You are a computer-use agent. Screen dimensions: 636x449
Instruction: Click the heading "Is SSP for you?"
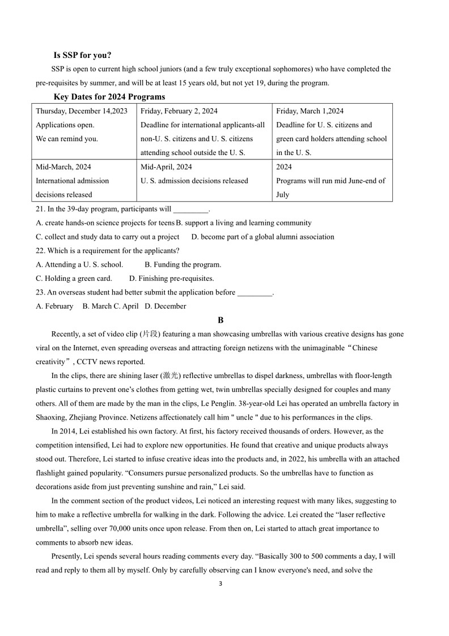[82, 55]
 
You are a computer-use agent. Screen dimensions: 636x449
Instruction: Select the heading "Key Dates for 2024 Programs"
[109, 97]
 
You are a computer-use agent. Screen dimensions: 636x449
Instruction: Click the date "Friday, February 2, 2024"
[179, 111]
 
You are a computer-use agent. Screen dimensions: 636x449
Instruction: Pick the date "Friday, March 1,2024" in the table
[310, 111]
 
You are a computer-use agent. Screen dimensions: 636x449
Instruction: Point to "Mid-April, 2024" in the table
[166, 167]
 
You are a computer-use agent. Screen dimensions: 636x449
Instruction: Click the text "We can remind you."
[67, 139]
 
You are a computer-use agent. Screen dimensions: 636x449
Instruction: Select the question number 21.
[40, 209]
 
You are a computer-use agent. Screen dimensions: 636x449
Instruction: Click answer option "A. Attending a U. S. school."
[79, 265]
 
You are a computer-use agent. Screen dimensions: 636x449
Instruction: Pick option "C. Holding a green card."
[74, 279]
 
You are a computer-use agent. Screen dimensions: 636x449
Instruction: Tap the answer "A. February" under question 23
[54, 306]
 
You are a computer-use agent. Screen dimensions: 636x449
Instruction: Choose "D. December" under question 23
[166, 306]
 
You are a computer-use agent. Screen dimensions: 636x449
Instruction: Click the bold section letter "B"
[221, 321]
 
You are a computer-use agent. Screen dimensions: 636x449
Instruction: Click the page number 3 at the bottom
[221, 584]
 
